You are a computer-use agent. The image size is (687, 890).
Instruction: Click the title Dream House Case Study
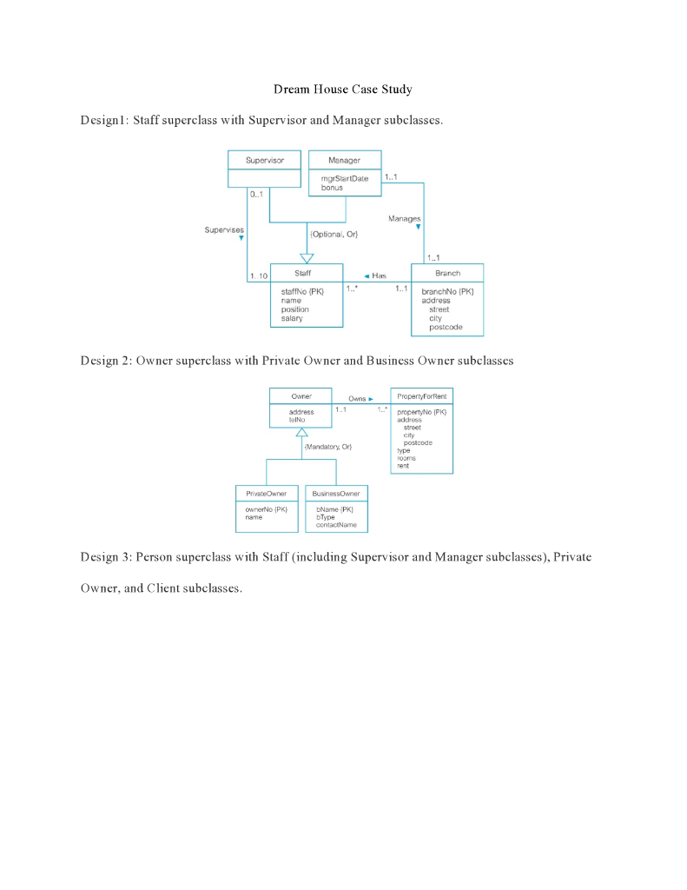(x=343, y=90)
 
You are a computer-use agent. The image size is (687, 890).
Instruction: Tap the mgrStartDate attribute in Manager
(x=345, y=178)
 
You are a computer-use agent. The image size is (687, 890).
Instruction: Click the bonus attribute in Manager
(x=332, y=188)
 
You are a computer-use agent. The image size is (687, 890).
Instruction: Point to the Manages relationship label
(x=404, y=219)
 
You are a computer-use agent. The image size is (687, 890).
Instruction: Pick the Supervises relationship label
(x=224, y=230)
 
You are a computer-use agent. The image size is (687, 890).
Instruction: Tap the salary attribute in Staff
(x=292, y=319)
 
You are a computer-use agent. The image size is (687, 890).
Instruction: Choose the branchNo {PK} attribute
(x=447, y=292)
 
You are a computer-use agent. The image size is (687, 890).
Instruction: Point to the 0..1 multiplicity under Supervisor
(x=256, y=195)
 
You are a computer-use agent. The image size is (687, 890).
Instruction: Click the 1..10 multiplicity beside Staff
(x=258, y=276)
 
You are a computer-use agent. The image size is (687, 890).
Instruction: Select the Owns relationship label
(x=358, y=398)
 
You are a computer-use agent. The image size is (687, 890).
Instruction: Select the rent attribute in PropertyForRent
(x=403, y=466)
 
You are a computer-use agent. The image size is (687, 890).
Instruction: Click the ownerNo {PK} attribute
(x=266, y=509)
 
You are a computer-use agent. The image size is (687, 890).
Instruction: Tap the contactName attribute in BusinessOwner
(x=336, y=525)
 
